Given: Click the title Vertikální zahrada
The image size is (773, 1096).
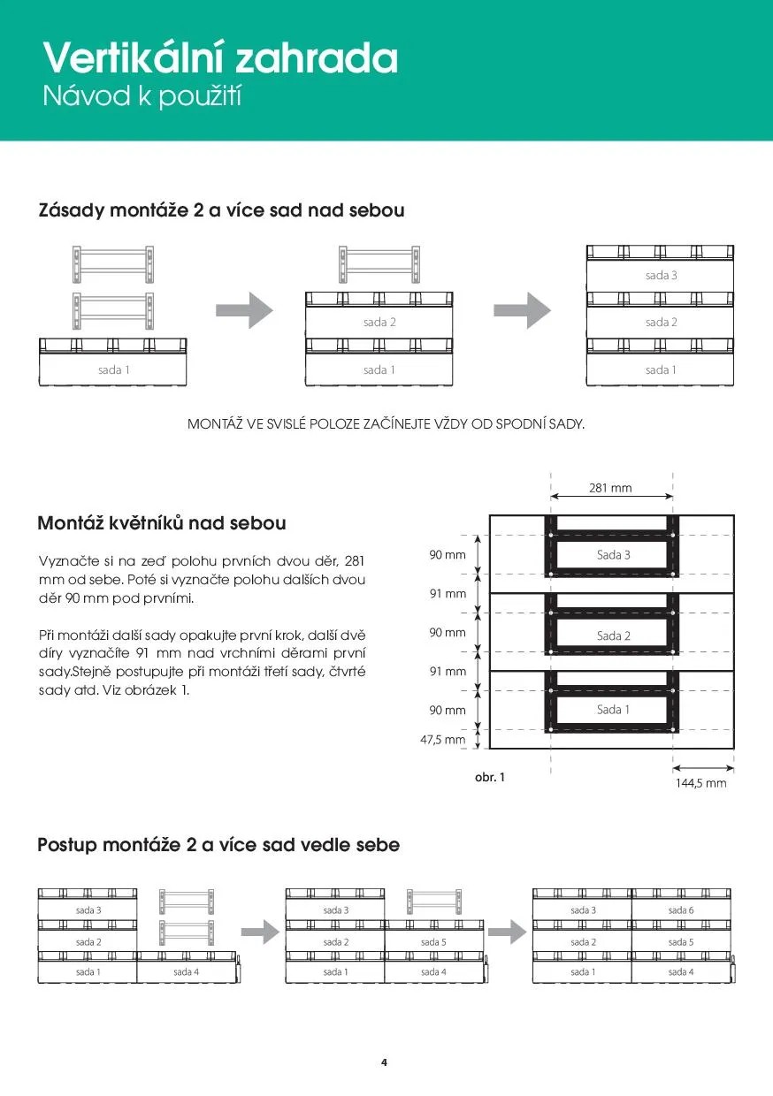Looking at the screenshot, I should pos(220,58).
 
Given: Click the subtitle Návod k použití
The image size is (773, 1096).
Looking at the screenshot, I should pos(142,96).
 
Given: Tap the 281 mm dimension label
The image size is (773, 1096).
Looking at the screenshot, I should pos(610,488).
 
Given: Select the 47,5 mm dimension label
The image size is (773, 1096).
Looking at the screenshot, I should pos(442,740).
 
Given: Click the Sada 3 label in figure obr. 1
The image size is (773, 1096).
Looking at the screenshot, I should pos(614,555).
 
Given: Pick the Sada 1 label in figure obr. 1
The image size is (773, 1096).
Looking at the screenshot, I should pos(614,709).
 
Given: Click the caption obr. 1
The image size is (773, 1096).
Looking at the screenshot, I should pos(490,778).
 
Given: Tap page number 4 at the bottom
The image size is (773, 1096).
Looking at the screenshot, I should pos(384,1062).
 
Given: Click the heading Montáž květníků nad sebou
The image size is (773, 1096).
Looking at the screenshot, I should pos(162,523).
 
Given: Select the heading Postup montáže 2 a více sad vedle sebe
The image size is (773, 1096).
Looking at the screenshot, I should pos(218,845).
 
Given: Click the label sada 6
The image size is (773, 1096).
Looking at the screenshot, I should pos(680,910).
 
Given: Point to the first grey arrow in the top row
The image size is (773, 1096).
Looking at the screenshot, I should pos(245,309).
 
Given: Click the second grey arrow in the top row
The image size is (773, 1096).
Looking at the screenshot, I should pos(522,309).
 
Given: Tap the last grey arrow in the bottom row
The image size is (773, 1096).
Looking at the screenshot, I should pos(507,931).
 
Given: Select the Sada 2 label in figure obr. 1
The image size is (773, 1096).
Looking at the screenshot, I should pos(614,636).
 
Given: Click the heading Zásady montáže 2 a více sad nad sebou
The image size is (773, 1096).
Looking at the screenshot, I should pos(221,211).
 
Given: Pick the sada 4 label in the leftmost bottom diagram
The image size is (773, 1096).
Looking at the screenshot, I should pos(186,972).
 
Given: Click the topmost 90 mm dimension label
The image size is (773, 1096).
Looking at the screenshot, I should pos(448,555).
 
